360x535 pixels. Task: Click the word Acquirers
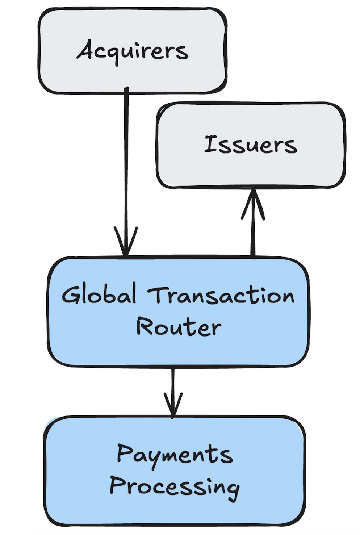(132, 51)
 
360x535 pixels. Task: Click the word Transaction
(221, 295)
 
